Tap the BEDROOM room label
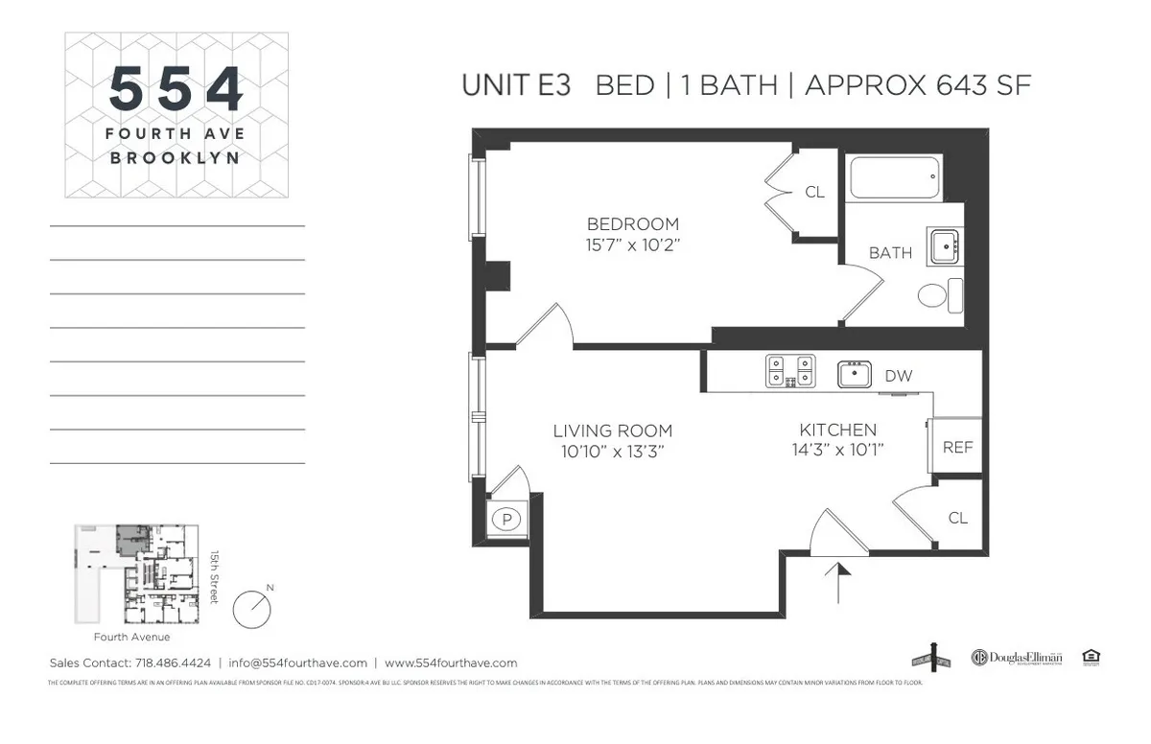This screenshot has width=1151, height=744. [632, 224]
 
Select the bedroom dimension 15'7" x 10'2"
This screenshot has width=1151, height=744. [632, 244]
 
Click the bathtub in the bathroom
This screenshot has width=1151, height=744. [893, 177]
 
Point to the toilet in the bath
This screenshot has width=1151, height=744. [939, 294]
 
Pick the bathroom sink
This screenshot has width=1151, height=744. [946, 247]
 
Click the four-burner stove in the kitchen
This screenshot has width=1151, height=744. [790, 371]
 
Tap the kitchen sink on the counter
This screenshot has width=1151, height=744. [854, 373]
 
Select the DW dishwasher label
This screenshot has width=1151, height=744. [898, 376]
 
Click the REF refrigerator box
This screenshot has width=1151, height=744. [957, 447]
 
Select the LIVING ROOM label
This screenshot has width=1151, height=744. [612, 430]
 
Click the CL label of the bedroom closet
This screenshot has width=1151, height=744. [814, 192]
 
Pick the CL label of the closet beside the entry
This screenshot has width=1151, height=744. [957, 518]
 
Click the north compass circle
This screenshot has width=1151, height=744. [253, 607]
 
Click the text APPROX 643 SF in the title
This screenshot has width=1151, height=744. [918, 84]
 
